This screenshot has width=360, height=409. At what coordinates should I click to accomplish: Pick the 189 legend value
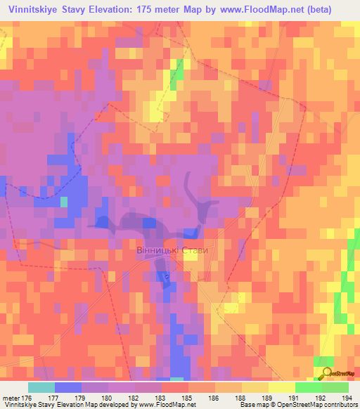268,398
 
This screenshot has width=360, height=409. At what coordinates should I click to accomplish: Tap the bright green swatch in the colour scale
309,387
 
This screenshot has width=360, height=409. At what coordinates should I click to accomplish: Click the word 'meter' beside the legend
10,398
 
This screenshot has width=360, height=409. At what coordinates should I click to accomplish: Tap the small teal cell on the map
64,202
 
